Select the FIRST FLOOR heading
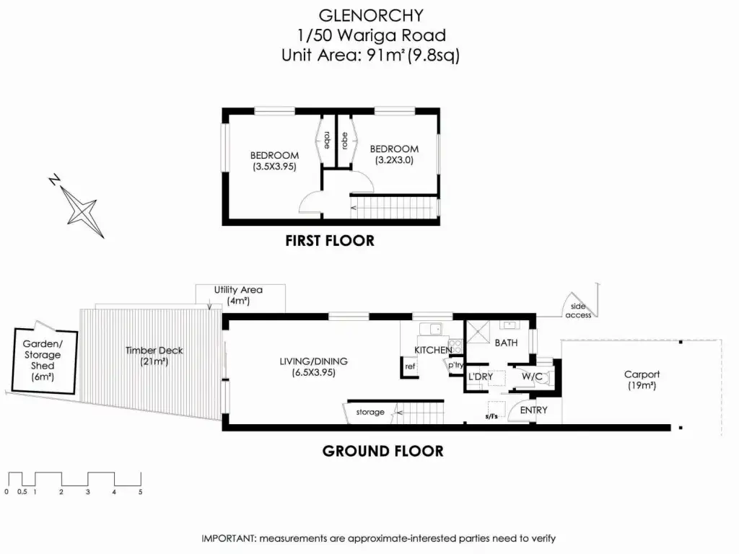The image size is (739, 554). [330, 241]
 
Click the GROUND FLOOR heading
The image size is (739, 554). [382, 452]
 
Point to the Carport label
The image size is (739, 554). [642, 374]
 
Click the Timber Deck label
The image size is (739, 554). [154, 351]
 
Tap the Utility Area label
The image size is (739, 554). [238, 290]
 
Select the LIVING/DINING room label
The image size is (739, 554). [315, 361]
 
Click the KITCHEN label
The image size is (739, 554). [433, 350]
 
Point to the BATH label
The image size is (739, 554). [506, 343]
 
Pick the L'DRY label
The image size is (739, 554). [480, 377]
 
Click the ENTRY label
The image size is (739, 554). [533, 410]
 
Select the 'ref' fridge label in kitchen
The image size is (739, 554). [410, 366]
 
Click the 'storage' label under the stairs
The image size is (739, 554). [369, 413]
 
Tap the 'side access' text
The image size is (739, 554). [578, 310]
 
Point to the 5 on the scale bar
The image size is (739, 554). [141, 492]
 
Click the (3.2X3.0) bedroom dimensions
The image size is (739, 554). [394, 160]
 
